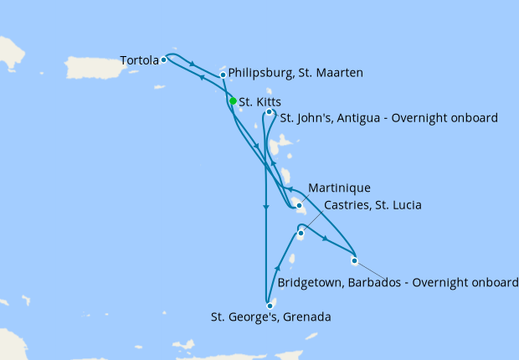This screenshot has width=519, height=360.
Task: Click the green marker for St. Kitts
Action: (233, 101)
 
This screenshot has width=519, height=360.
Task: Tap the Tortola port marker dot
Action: (164, 59)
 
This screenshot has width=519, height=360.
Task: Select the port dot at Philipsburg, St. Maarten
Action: (223, 75)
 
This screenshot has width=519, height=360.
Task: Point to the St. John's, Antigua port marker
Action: (269, 112)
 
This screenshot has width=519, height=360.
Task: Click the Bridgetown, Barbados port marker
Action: (354, 260)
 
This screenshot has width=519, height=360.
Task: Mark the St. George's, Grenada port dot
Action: (270, 306)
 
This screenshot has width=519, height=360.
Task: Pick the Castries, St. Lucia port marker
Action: (301, 234)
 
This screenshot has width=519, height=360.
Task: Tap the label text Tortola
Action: (139, 60)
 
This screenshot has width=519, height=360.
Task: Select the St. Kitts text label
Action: (259, 102)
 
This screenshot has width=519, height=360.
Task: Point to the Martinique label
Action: (339, 188)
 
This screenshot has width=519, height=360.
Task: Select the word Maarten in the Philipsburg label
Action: (339, 74)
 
